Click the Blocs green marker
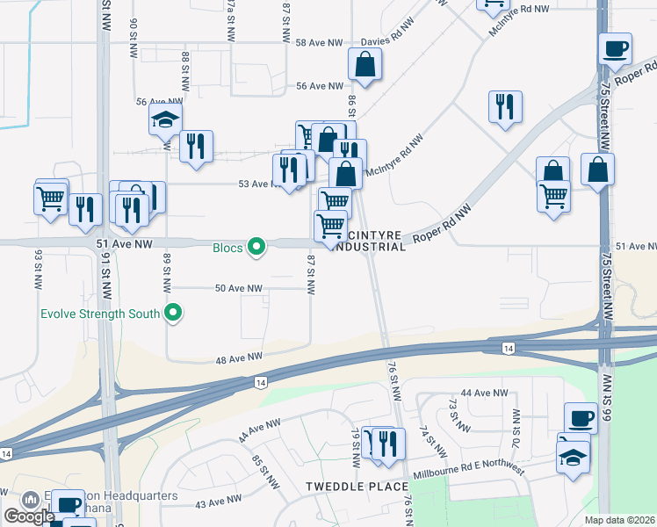click(x=256, y=248)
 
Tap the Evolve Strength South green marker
click(x=174, y=313)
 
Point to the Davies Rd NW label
click(x=386, y=41)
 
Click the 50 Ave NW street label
click(x=239, y=288)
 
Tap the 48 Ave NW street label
click(x=240, y=357)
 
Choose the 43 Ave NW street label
click(x=218, y=502)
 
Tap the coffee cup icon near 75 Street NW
click(x=615, y=47)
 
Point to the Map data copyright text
click(x=620, y=520)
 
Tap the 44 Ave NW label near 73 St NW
click(x=485, y=393)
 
